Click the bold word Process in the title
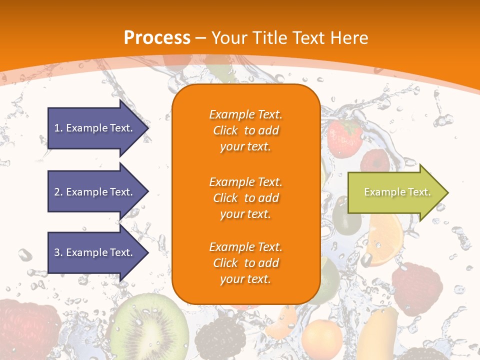(x=157, y=37)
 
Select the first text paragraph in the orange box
(x=245, y=130)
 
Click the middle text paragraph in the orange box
(x=245, y=198)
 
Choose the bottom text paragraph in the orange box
(x=245, y=263)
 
